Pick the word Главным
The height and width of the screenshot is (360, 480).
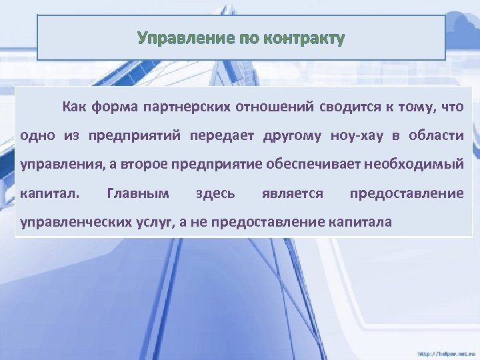[x=138, y=193]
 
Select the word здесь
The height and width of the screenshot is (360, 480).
[x=215, y=193]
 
